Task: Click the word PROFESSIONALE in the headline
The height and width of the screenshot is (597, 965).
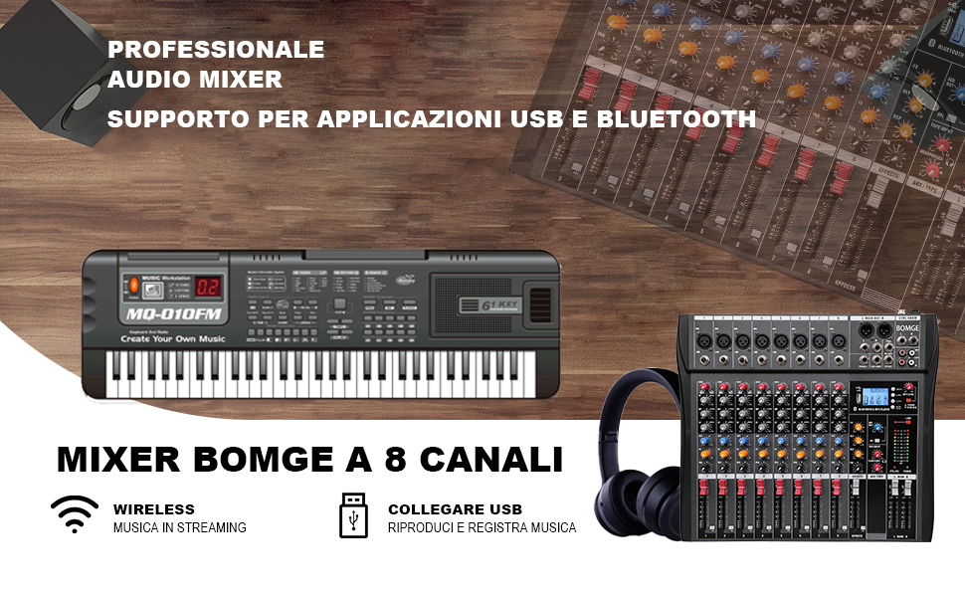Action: click(216, 49)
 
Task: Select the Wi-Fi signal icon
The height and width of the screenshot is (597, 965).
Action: click(75, 515)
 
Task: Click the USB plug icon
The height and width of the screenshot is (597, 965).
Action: click(353, 515)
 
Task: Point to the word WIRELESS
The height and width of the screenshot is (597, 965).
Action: click(154, 509)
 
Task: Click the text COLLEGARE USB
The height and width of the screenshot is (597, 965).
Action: click(455, 509)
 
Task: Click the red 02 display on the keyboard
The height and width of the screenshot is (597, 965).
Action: click(207, 288)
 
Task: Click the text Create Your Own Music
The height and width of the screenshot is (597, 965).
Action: click(173, 338)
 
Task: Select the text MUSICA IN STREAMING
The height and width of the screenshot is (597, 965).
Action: click(180, 527)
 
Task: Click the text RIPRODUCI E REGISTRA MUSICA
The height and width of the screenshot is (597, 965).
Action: click(482, 527)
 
